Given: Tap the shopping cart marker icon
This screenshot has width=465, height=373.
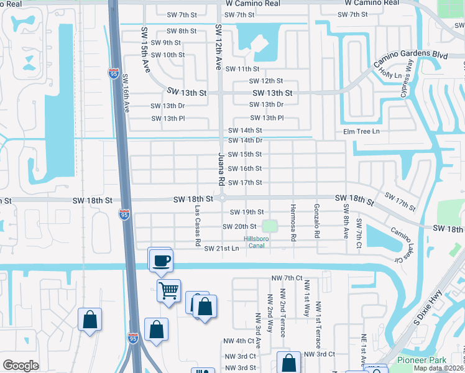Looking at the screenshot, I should [169, 290].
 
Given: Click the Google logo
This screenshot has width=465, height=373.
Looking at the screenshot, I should [21, 366].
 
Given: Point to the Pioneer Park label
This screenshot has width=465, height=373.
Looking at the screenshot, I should [417, 360].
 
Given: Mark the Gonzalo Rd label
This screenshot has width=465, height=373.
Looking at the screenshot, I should [316, 221].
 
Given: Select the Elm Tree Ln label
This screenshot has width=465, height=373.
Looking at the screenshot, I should [361, 131].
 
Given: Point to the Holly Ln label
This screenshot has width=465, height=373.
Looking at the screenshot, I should [390, 73].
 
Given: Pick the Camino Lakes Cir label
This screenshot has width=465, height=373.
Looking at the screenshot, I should [401, 244].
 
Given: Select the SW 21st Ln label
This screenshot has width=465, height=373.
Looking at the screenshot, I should [221, 249].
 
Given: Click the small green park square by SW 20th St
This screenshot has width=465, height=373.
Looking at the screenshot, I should [269, 226].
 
